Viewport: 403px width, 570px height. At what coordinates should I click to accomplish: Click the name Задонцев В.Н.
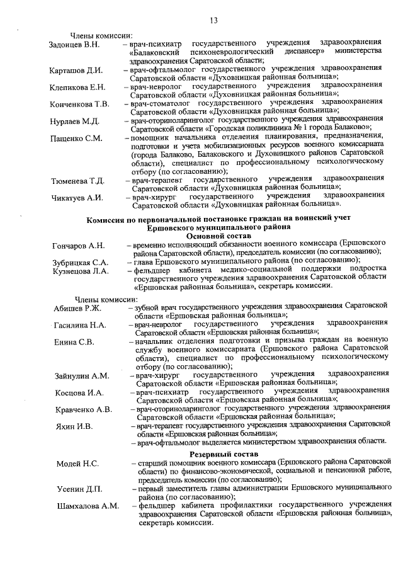point(74,45)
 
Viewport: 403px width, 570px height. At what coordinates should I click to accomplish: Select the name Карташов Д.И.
point(76,71)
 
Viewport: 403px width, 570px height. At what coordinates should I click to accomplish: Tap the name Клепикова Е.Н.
point(79,88)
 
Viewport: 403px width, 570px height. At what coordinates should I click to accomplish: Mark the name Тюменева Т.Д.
point(78,181)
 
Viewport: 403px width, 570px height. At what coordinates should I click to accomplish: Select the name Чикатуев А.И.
point(77,198)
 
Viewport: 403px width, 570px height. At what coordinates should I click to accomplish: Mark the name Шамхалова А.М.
point(88,506)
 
